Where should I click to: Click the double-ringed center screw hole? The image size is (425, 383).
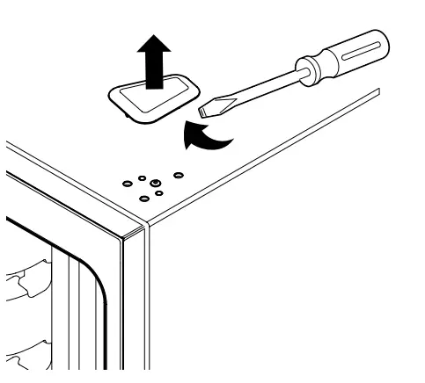pyautogui.click(x=155, y=183)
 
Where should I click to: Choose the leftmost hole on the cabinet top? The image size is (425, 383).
pyautogui.click(x=127, y=184)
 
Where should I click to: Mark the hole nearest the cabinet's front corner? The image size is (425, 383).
pyautogui.click(x=144, y=198)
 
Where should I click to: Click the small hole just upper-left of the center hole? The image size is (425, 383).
pyautogui.click(x=143, y=177)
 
